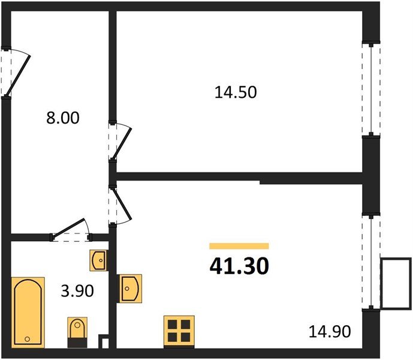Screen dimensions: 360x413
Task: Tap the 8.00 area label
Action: [x=63, y=118]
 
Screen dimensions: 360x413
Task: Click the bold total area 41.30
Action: [x=239, y=266]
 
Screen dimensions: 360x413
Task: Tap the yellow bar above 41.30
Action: [x=239, y=246]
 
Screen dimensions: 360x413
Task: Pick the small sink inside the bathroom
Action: [x=98, y=260]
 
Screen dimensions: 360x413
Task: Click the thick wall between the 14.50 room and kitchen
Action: [x=240, y=177]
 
